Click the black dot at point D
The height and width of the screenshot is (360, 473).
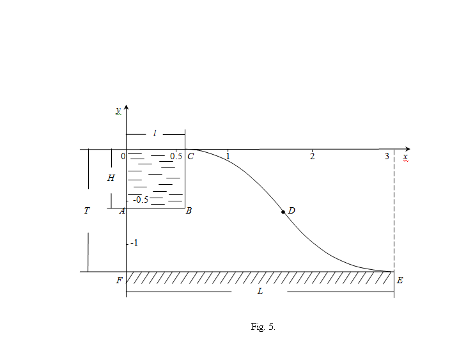click(x=283, y=212)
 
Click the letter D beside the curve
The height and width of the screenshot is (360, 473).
click(x=291, y=210)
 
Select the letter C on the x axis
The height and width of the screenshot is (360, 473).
click(x=190, y=156)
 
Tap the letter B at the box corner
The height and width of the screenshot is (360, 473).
click(x=189, y=210)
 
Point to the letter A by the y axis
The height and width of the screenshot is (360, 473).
click(x=122, y=210)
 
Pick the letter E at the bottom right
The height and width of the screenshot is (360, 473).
click(x=399, y=280)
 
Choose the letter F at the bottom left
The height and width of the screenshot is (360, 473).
click(x=120, y=280)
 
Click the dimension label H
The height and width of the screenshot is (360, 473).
click(x=111, y=178)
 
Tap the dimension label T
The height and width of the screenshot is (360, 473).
click(x=87, y=210)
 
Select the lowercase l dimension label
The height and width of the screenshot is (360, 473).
click(x=155, y=133)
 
